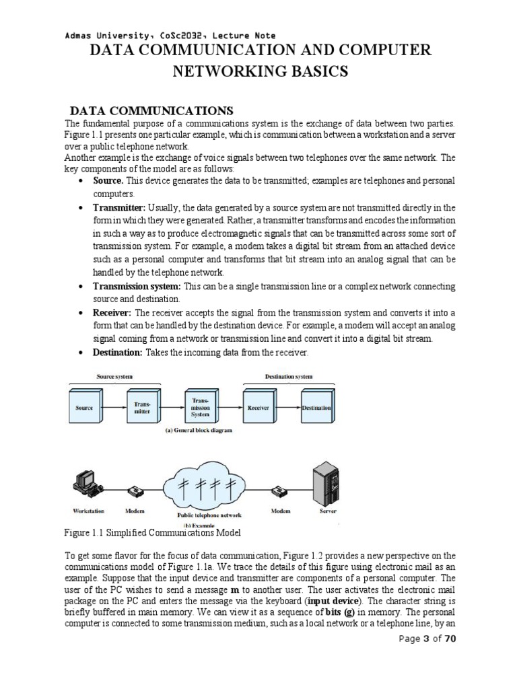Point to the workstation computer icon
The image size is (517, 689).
[86, 480]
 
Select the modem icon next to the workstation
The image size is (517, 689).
[135, 490]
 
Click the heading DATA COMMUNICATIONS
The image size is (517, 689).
[152, 110]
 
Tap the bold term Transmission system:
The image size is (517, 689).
[137, 287]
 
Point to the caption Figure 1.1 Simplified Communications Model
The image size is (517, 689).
[152, 533]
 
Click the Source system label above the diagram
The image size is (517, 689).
[115, 377]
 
